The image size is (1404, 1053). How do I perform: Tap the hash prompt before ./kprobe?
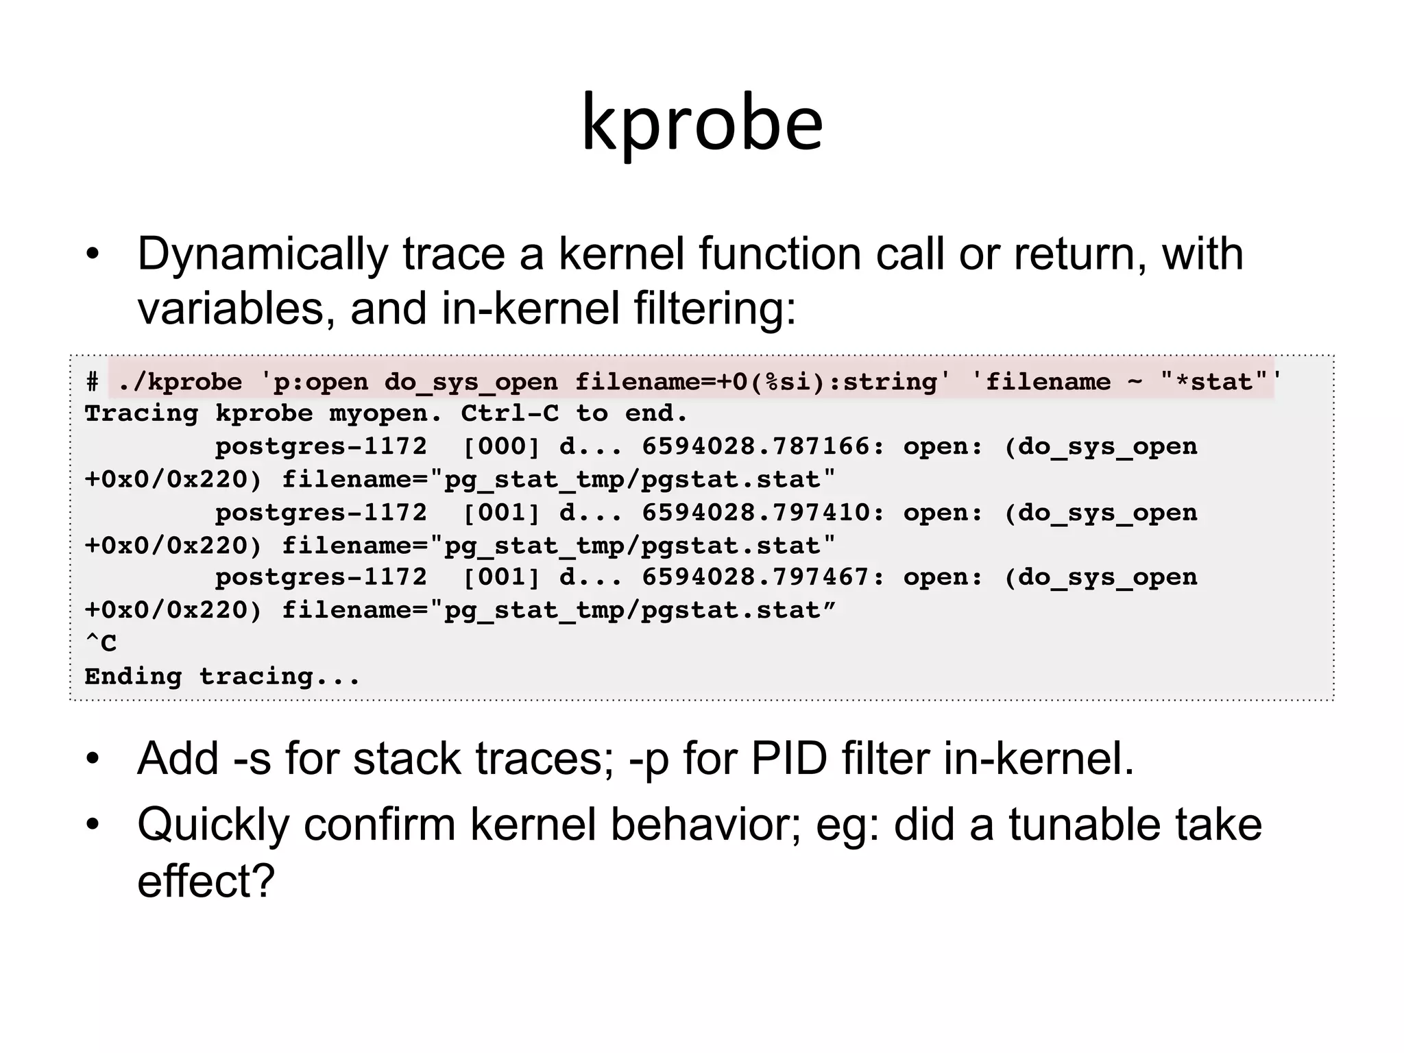coord(93,382)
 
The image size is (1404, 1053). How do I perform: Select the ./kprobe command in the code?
coord(180,382)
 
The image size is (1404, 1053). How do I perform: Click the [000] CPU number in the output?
coord(502,446)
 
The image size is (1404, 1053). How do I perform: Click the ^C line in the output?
coord(101,643)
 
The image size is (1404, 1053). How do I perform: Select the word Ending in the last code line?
coord(133,676)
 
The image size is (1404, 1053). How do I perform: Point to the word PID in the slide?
coord(789,760)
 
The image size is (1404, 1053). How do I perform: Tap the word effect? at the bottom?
coord(206,881)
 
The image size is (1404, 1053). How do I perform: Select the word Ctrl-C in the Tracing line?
coord(509,413)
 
